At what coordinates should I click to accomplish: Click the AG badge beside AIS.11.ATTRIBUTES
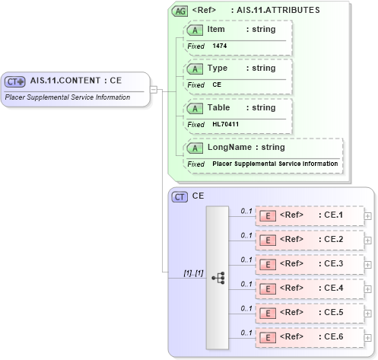pyautogui.click(x=180, y=11)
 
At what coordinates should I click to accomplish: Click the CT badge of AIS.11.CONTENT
pyautogui.click(x=15, y=81)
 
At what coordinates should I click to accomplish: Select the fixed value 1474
pyautogui.click(x=220, y=46)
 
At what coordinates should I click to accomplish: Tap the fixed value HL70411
pyautogui.click(x=225, y=123)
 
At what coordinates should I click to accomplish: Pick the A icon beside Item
pyautogui.click(x=195, y=30)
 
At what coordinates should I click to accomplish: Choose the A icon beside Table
pyautogui.click(x=195, y=108)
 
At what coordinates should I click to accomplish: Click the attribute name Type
pyautogui.click(x=218, y=68)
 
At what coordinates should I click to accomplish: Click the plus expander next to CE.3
pyautogui.click(x=368, y=264)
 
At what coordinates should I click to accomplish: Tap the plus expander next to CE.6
pyautogui.click(x=368, y=337)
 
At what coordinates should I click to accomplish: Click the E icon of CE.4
pyautogui.click(x=267, y=289)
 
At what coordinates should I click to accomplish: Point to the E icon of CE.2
pyautogui.click(x=267, y=241)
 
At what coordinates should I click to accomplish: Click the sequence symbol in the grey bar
pyautogui.click(x=218, y=277)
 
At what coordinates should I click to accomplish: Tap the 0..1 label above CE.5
pyautogui.click(x=246, y=308)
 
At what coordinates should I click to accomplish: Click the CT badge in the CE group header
pyautogui.click(x=180, y=196)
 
